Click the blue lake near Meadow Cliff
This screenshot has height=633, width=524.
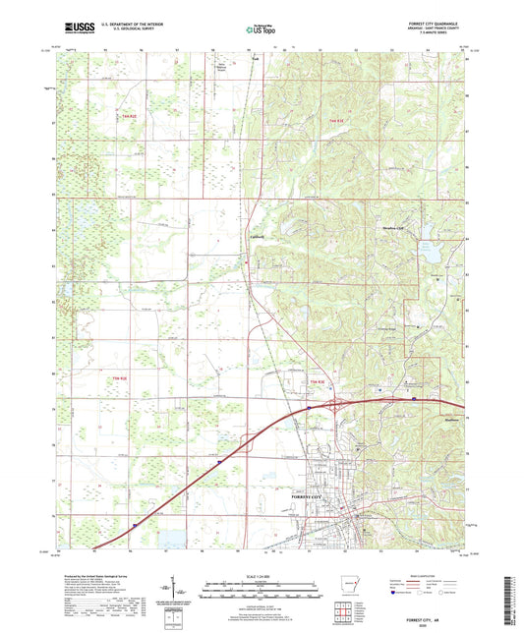(430, 259)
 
